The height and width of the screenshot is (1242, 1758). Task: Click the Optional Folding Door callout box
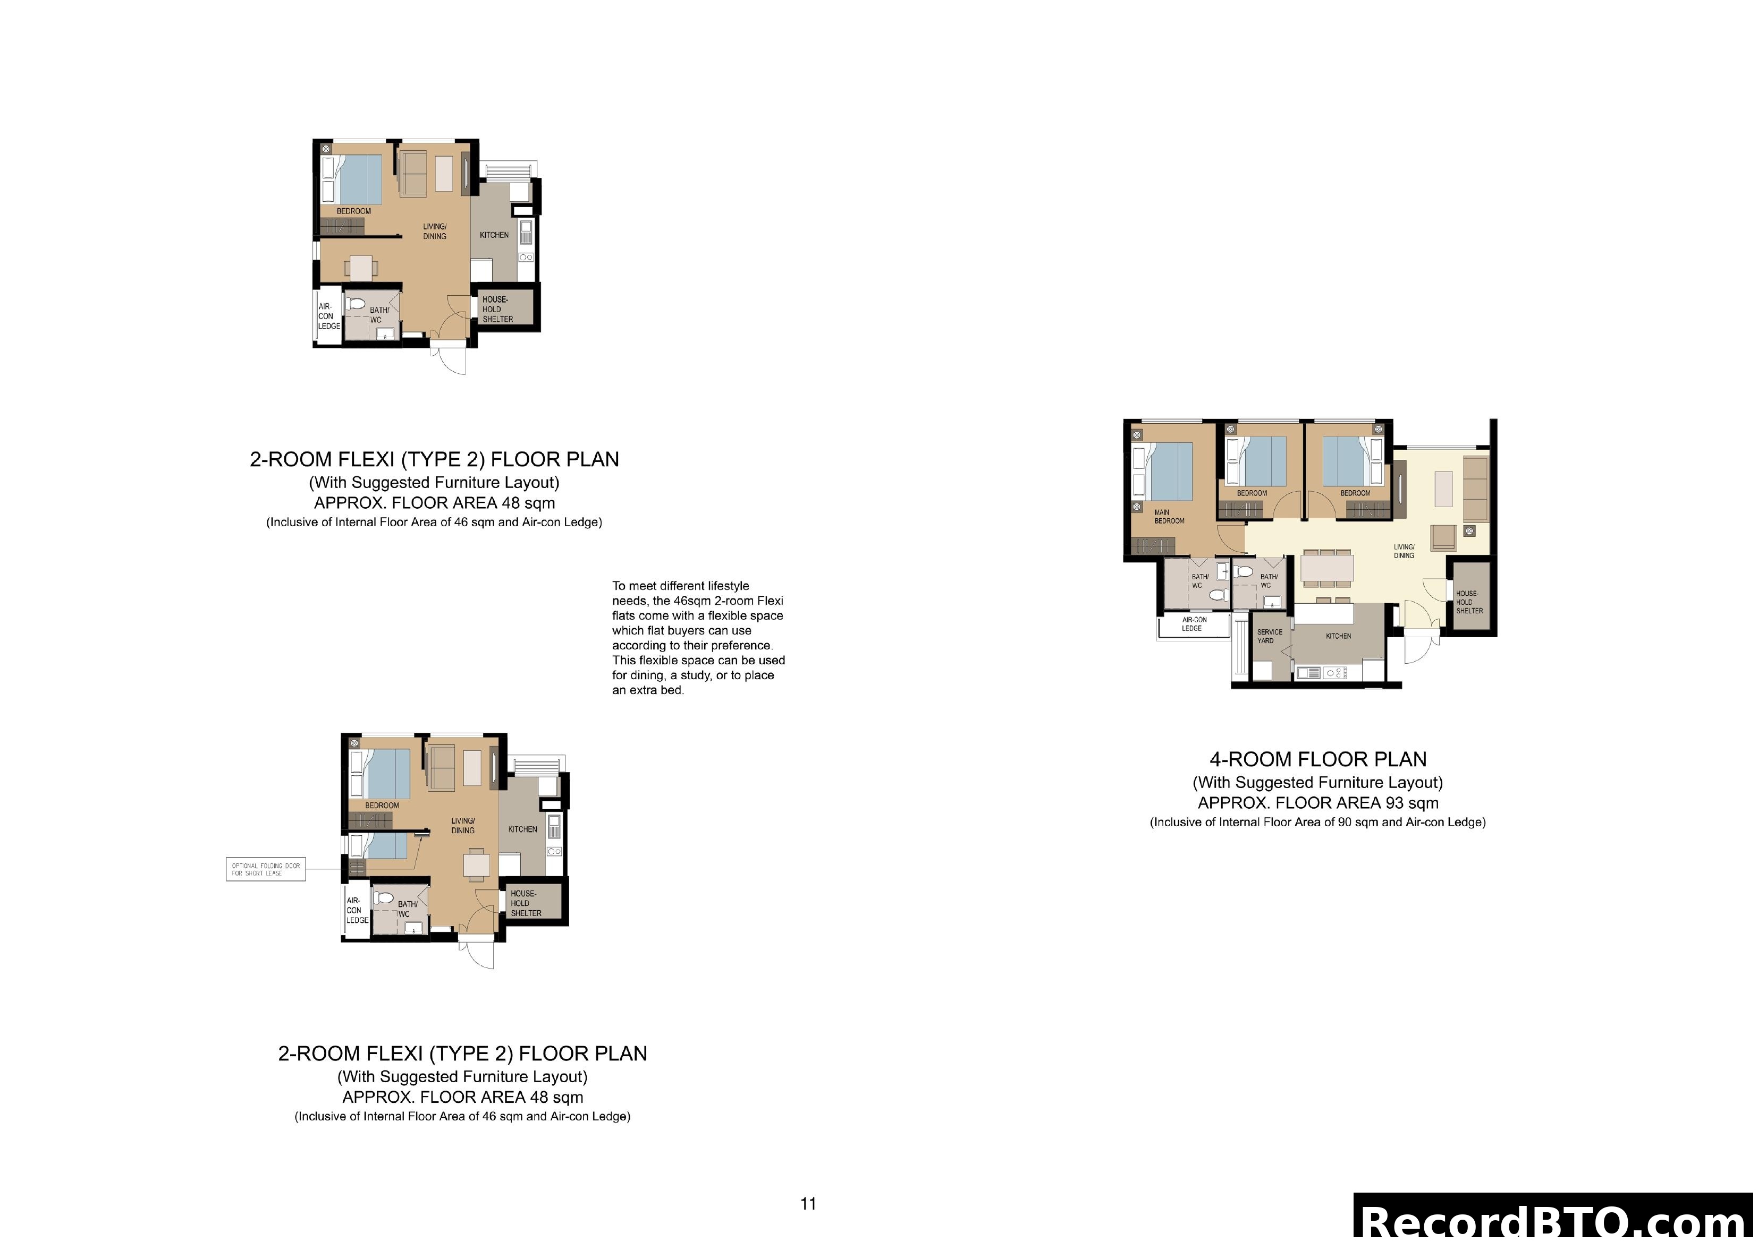point(266,869)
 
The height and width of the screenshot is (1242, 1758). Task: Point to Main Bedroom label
point(1169,517)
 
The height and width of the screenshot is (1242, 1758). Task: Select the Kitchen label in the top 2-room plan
point(494,235)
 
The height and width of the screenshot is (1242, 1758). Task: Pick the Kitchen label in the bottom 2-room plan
point(522,829)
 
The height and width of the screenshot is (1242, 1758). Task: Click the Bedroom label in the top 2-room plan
point(354,211)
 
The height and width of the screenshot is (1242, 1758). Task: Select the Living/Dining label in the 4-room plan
point(1404,551)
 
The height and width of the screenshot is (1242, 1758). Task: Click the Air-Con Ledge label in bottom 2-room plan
point(357,911)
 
